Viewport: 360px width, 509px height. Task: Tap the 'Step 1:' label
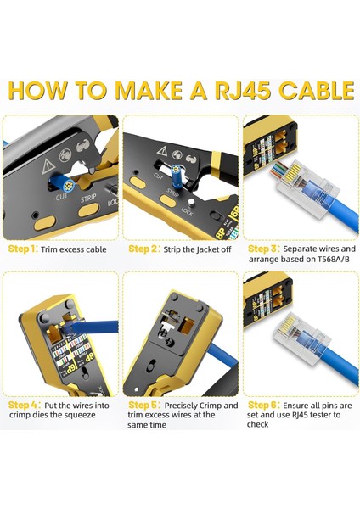pos(23,249)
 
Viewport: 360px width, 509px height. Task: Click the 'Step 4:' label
pos(23,406)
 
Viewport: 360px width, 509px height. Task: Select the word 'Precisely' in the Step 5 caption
pos(188,406)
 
